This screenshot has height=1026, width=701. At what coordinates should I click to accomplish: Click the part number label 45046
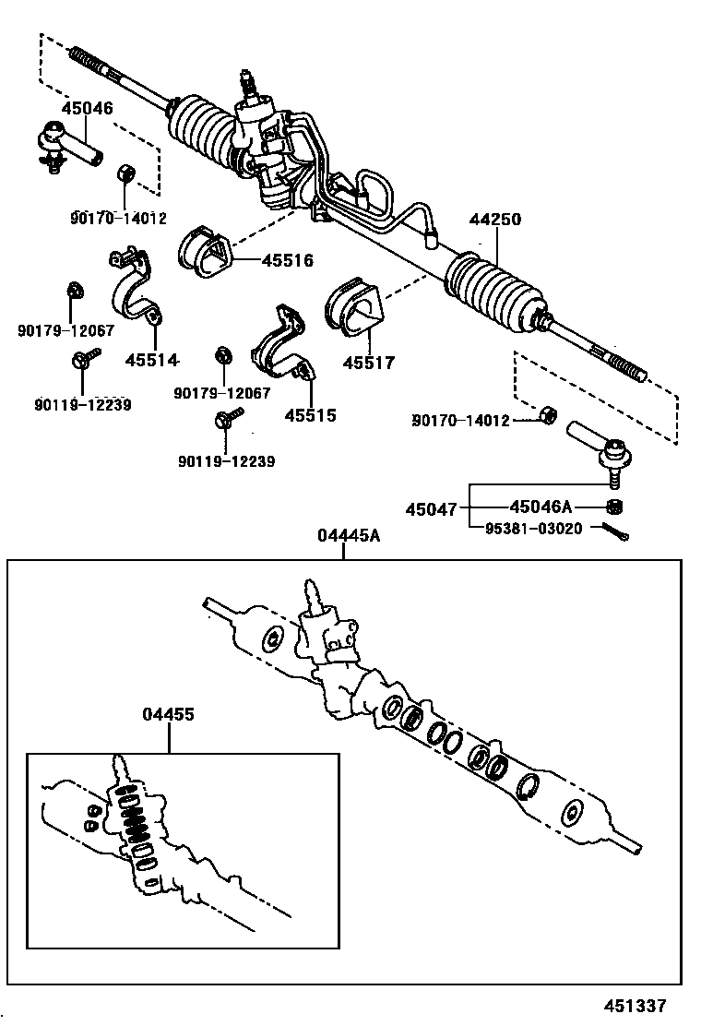click(88, 108)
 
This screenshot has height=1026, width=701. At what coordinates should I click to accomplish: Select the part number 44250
click(495, 220)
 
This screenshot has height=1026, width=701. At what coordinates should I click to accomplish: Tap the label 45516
click(287, 260)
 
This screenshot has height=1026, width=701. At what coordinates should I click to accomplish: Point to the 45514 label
click(151, 360)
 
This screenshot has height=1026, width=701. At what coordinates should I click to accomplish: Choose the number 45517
click(368, 363)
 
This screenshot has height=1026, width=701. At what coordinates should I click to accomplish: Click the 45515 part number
click(310, 415)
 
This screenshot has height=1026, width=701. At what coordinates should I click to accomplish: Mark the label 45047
click(431, 509)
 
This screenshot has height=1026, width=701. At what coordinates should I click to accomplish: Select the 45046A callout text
click(541, 507)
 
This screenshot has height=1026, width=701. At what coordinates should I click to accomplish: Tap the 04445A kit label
click(349, 537)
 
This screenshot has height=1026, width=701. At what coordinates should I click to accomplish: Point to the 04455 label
click(169, 715)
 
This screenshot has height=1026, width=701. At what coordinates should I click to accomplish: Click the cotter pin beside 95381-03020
click(616, 532)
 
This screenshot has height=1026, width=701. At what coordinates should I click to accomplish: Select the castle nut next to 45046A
click(614, 506)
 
